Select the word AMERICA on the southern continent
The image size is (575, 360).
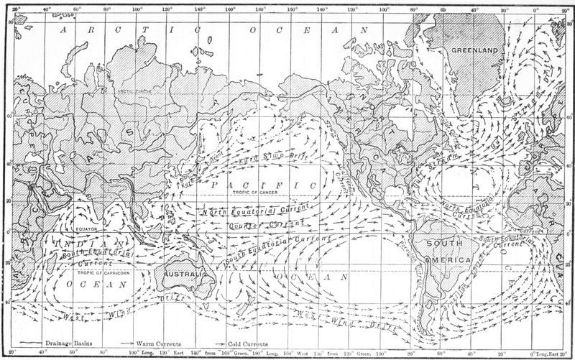click(x=447, y=259)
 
